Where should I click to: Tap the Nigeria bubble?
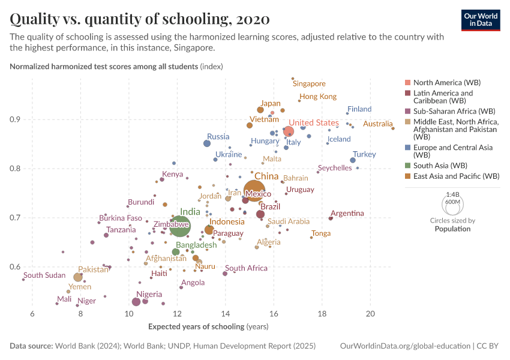click(x=136, y=302)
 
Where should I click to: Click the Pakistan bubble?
click(x=78, y=277)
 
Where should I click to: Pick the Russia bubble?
click(x=207, y=143)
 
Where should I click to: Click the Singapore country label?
click(x=309, y=84)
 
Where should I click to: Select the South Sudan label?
click(x=44, y=275)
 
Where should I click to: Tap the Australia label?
click(x=377, y=124)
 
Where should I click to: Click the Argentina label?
click(x=347, y=213)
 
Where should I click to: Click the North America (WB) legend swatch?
click(x=407, y=82)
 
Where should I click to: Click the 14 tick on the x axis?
click(x=225, y=314)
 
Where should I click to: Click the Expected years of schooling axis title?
click(x=207, y=326)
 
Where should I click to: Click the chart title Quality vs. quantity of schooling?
click(x=140, y=19)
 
